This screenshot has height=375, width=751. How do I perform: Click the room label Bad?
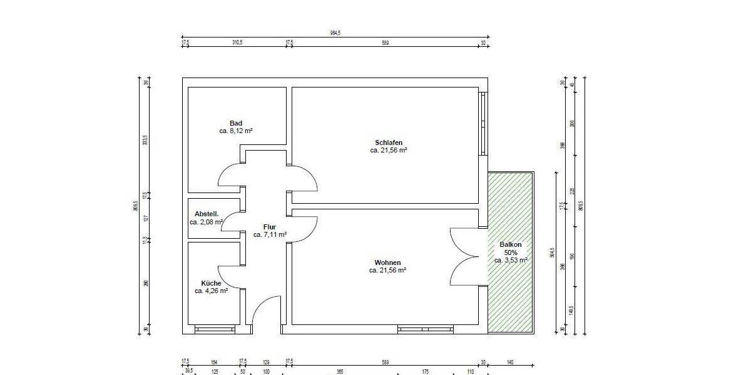[236, 123]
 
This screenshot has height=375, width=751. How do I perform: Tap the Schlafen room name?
[389, 142]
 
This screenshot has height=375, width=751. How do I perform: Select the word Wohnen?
[387, 262]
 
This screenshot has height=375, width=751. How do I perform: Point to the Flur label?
[270, 227]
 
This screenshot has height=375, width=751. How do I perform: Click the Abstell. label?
[207, 214]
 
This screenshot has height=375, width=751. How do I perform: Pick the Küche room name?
[211, 283]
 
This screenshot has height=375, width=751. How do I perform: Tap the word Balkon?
[511, 244]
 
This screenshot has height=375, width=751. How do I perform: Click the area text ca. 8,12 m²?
[236, 131]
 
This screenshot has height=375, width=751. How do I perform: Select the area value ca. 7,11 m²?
[270, 235]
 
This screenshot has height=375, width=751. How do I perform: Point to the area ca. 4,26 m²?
[211, 291]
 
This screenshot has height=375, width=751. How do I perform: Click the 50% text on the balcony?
[511, 252]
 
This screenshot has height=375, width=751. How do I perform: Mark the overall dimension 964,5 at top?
[335, 33]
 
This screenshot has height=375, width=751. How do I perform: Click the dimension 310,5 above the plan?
[237, 42]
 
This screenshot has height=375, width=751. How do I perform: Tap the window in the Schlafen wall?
[483, 123]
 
